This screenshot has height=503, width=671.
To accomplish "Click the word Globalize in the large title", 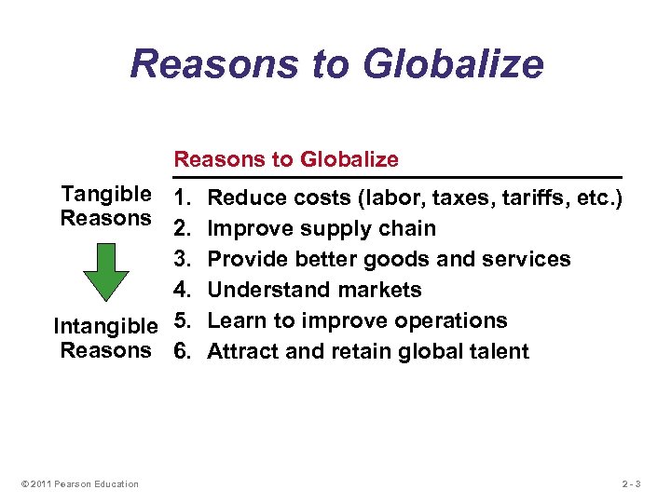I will coord(452,63).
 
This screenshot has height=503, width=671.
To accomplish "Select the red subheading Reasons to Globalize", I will coord(287,159).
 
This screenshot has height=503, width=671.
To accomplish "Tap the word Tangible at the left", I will coord(105,195).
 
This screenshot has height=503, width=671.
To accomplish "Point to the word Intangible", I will coord(105,327).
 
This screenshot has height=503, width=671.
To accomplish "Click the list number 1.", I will coord(182,198).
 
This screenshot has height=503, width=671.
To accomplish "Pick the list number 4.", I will coord(183,290).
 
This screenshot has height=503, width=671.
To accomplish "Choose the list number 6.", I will coord(183,351).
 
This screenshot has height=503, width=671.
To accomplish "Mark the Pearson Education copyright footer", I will coord(79,483).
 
